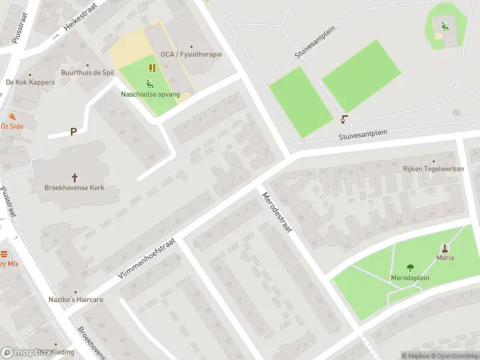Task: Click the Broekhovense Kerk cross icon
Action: (x=75, y=177)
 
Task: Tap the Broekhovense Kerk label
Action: (x=74, y=188)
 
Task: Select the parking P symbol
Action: (x=73, y=131)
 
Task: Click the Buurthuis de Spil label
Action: (x=88, y=73)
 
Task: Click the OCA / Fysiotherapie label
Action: (x=191, y=55)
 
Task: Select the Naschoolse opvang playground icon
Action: (x=149, y=83)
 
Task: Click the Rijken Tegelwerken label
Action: (x=434, y=169)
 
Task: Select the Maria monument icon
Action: (x=445, y=248)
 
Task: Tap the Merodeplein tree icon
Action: (x=410, y=268)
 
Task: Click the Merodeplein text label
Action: (x=410, y=279)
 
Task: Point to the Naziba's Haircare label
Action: (x=76, y=299)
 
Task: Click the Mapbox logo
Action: (x=27, y=353)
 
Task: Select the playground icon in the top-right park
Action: (x=445, y=26)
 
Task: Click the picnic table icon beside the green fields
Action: (x=345, y=118)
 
